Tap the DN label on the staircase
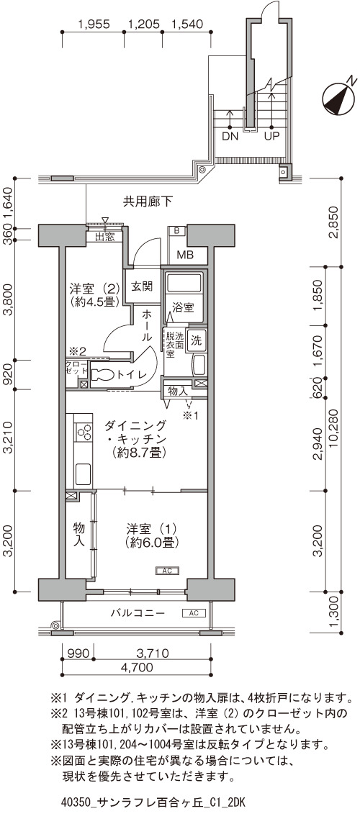click(230, 136)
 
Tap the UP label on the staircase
click(271, 136)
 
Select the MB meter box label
click(184, 255)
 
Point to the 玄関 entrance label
click(141, 286)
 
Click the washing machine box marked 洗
click(197, 340)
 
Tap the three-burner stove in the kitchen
click(84, 433)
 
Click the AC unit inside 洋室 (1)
click(168, 570)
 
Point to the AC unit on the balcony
click(193, 612)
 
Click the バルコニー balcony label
click(138, 613)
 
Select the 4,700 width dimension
click(137, 668)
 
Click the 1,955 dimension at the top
click(94, 24)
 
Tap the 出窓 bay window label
click(104, 237)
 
